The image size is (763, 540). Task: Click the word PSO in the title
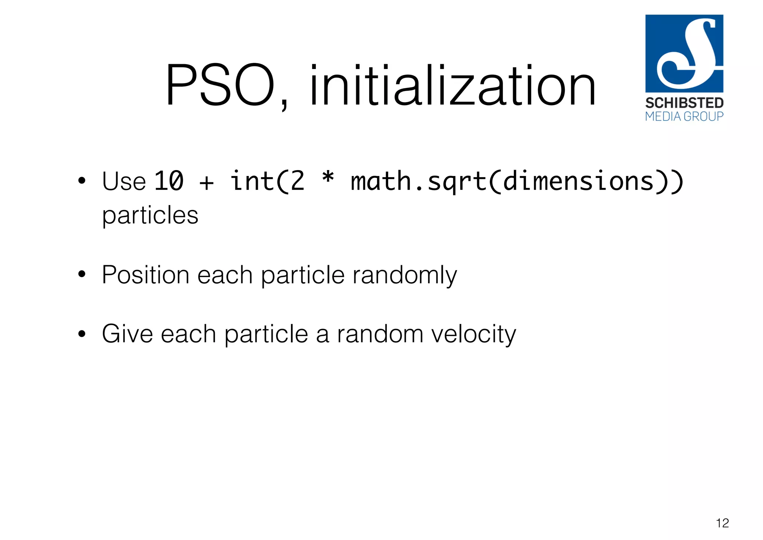coord(220,86)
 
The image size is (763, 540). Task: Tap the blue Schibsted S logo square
coord(684,53)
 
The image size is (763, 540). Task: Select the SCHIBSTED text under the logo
coord(684,103)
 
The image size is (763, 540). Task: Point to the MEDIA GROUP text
coord(684,116)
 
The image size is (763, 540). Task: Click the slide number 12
coord(722,523)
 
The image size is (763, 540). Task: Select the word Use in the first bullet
coord(124,182)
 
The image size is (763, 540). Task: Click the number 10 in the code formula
coord(169,181)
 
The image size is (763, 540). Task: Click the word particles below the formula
coord(150,215)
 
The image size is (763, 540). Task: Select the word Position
coord(146,275)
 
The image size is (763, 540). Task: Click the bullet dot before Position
coord(82,275)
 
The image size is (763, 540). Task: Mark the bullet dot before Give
coord(82,334)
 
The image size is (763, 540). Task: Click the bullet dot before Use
coord(82,182)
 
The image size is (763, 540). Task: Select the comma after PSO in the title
coord(284,104)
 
